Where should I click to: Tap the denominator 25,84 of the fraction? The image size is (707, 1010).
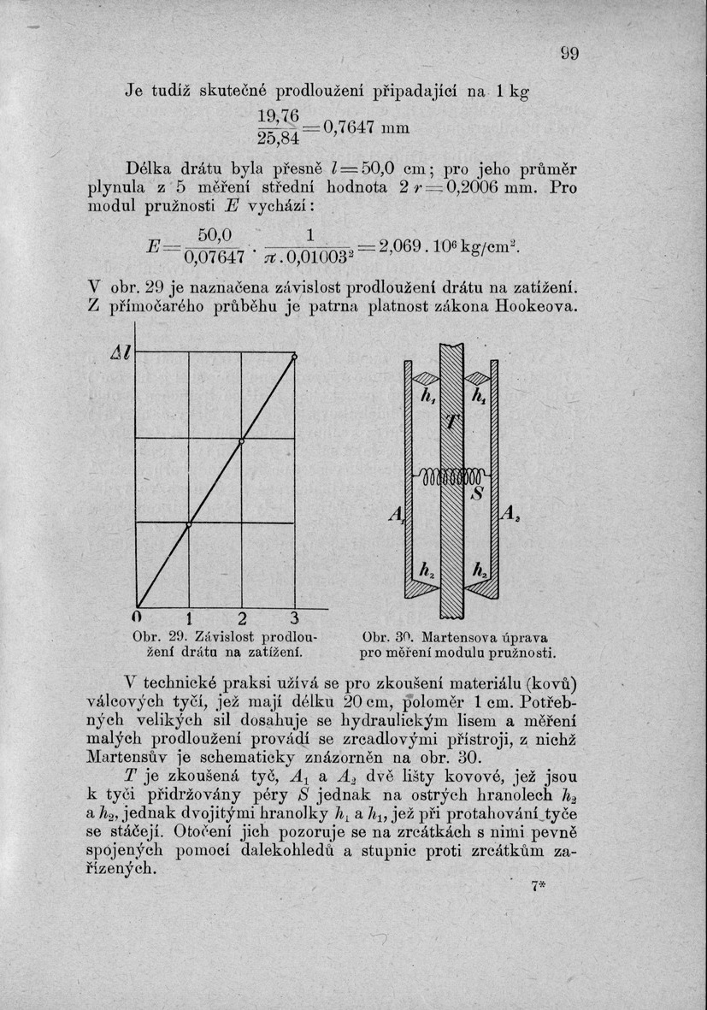click(278, 138)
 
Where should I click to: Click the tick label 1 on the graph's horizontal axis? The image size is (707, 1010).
click(189, 619)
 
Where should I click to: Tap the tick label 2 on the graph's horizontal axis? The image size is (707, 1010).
click(241, 619)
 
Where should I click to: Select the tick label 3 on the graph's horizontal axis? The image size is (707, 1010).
click(293, 618)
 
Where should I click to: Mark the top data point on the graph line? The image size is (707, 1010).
click(294, 357)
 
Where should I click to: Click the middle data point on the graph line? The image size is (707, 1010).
click(242, 441)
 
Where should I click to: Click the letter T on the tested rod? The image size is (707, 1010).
click(452, 424)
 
